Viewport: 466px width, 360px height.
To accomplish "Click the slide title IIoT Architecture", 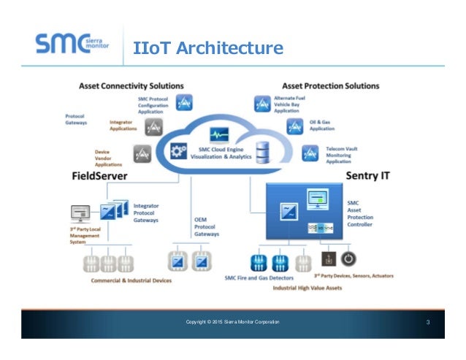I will coord(208,48).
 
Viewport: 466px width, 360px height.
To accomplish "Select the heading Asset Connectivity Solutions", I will coord(131,86).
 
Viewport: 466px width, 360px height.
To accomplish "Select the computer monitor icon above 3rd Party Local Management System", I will coord(80,213).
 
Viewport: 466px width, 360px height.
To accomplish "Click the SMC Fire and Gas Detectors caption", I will coord(261,277).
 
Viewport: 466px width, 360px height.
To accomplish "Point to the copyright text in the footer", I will coord(232,322).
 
